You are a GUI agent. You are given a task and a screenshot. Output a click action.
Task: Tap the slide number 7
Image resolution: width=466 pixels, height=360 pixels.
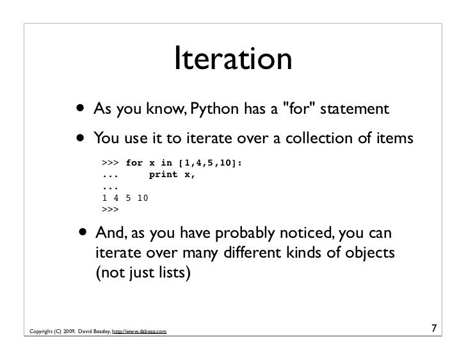(x=434, y=330)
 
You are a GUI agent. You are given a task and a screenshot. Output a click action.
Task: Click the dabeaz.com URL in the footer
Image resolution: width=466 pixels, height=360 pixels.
(x=140, y=331)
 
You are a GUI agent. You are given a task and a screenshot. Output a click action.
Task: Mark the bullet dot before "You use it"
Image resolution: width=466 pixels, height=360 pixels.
(x=82, y=138)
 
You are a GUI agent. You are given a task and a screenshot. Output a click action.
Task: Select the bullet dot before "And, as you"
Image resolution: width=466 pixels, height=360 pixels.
(x=82, y=233)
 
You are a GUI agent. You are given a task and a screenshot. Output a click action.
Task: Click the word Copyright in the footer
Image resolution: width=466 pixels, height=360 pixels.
(x=40, y=331)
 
